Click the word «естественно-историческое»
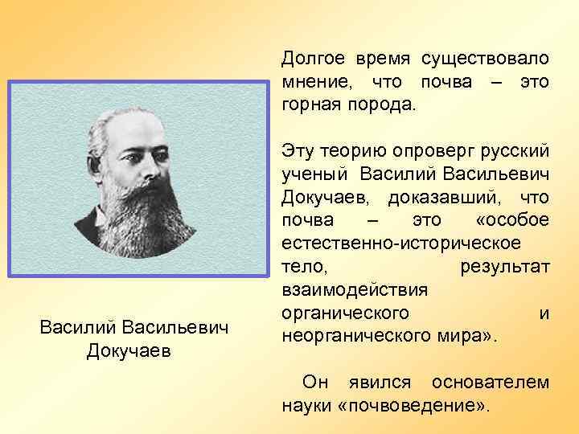[x=401, y=243]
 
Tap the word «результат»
[x=505, y=266]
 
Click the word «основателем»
[x=490, y=382]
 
